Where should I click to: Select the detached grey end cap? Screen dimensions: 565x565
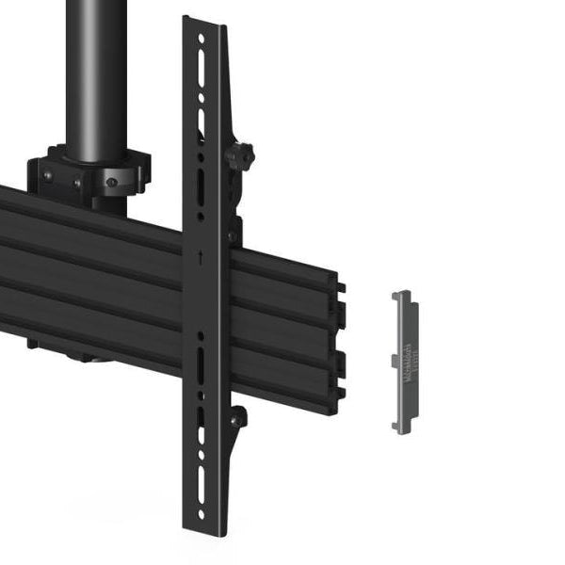click(405, 362)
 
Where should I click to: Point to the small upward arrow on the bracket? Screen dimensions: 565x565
click(201, 255)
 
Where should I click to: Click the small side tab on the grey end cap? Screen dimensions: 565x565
click(393, 361)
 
